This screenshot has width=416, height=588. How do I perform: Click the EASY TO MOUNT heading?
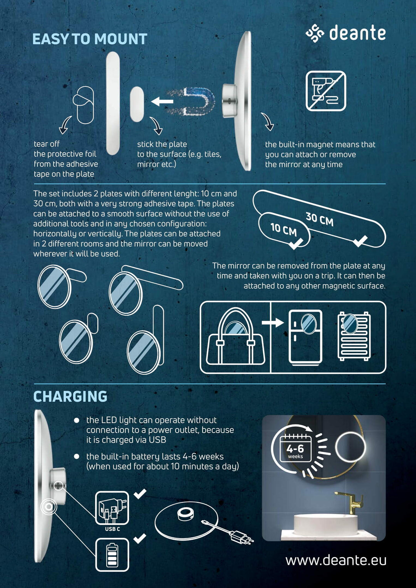click(90, 39)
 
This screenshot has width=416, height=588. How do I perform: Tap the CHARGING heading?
click(70, 397)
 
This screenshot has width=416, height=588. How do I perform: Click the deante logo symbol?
click(315, 33)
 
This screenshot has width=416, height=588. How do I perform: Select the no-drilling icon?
click(326, 91)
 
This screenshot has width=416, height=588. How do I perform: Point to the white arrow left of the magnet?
click(162, 101)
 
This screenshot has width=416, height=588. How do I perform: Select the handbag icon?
click(235, 337)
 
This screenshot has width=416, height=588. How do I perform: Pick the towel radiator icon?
click(354, 336)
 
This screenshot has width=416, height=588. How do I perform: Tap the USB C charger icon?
click(112, 509)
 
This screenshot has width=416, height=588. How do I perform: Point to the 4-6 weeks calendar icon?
click(295, 448)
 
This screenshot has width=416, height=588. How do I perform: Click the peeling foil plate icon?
click(84, 105)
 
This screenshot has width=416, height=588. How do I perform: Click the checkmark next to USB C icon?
click(140, 493)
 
